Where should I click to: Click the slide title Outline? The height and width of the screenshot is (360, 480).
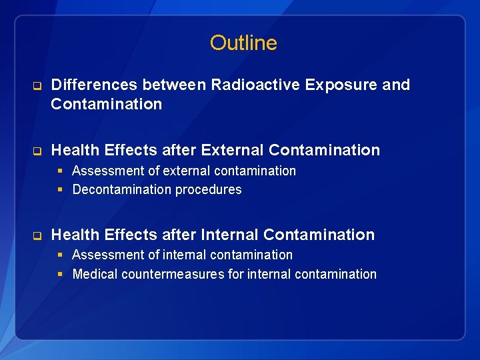pyautogui.click(x=243, y=43)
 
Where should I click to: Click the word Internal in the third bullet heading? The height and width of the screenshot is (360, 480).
pyautogui.click(x=227, y=235)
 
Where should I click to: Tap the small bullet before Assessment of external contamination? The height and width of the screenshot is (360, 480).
pyautogui.click(x=61, y=171)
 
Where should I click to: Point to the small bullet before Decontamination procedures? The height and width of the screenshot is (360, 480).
pyautogui.click(x=61, y=190)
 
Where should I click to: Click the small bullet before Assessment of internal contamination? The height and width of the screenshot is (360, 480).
pyautogui.click(x=61, y=255)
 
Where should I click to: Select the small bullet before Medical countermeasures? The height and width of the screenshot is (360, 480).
pyautogui.click(x=61, y=275)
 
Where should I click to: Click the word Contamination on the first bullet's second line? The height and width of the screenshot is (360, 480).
pyautogui.click(x=107, y=104)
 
